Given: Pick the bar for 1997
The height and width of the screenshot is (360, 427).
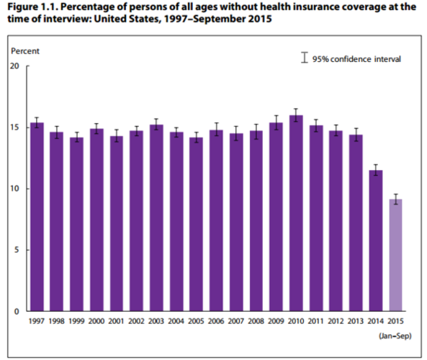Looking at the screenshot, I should point(37,217).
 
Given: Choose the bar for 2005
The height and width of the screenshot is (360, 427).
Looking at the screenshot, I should point(196,224).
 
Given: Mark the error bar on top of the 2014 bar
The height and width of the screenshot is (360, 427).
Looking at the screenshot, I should point(376,170).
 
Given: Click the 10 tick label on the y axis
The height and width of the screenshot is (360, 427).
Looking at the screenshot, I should point(14,189).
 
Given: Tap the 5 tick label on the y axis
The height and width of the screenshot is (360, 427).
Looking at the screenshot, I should point(17,250).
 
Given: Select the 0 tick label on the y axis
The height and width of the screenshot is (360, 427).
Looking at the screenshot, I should point(17,311).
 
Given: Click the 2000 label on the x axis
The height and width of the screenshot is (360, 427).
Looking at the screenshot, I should point(96,322).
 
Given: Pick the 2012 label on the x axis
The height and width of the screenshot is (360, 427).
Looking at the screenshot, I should point(336,322).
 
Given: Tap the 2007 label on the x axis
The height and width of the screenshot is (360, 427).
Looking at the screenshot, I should point(236,322).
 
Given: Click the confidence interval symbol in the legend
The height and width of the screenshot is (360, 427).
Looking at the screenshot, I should point(305,57).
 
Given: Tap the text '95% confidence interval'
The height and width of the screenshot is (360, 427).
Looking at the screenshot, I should point(356,58).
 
